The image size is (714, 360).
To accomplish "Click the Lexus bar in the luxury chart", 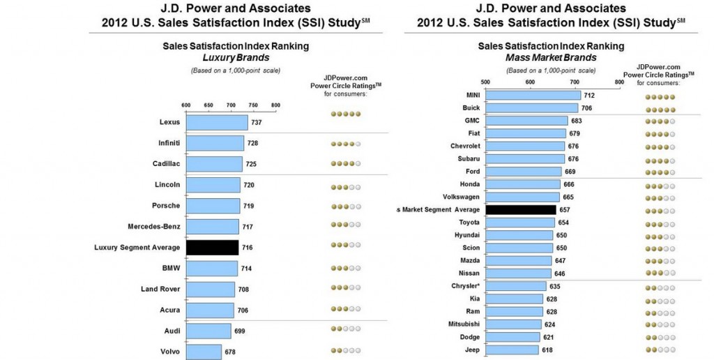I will tap(217, 123).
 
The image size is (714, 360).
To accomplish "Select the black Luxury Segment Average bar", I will tap(213, 248).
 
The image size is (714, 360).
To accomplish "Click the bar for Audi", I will tap(208, 331).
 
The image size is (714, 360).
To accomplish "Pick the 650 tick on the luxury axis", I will tap(208, 105).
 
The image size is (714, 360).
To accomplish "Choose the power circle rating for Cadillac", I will tap(346, 165).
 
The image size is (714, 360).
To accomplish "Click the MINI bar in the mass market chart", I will tap(533, 95).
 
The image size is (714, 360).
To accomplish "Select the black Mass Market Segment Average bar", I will tap(520, 209).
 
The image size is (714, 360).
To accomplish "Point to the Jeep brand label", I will tap(472, 350).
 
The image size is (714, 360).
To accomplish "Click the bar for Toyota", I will tap(519, 222).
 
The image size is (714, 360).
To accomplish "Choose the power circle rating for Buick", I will tap(660, 108).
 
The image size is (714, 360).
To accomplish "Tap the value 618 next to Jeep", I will tap(547, 350).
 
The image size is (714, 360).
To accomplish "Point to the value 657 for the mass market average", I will tap(566, 209).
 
